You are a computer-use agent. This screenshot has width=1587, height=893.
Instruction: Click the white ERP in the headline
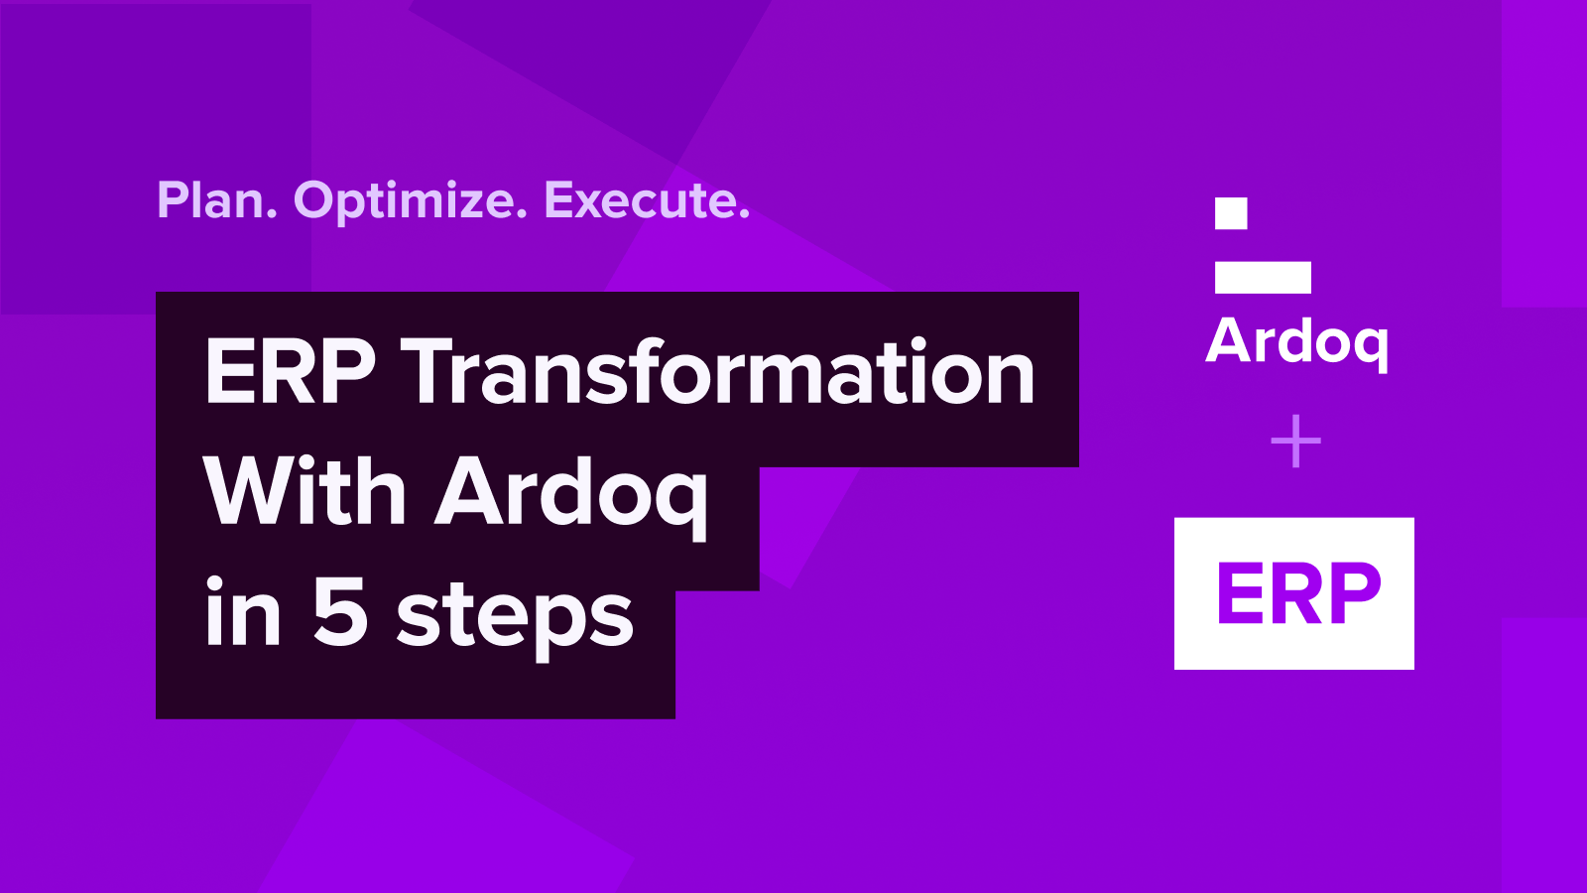291,372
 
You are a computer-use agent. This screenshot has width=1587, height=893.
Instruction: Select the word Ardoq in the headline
572,493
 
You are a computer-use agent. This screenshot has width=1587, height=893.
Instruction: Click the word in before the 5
243,613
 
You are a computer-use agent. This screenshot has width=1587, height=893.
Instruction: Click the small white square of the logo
1231,213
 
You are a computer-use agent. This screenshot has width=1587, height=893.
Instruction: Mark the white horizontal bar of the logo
1263,278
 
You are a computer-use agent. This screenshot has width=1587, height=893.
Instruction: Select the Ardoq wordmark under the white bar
1297,342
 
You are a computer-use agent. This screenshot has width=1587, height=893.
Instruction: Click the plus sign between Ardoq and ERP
1295,442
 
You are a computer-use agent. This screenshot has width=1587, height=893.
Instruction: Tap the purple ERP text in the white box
1297,593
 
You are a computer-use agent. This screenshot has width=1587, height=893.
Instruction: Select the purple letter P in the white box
1351,593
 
